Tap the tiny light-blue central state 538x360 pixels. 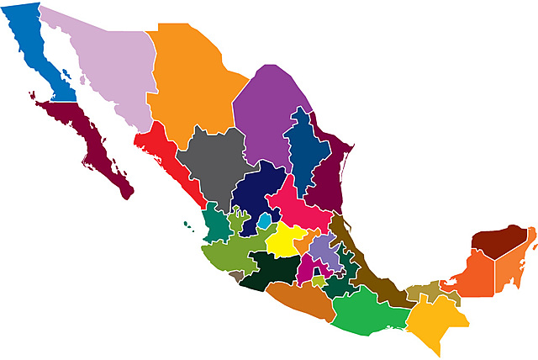point(265,221)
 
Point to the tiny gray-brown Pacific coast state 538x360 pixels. point(236,275)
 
